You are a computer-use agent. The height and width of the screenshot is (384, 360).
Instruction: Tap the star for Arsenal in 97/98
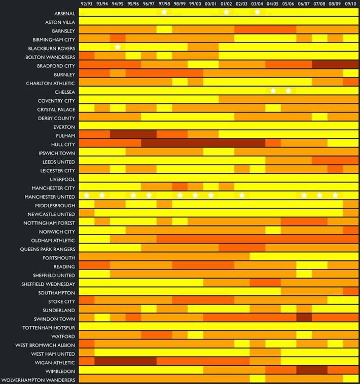click(164, 12)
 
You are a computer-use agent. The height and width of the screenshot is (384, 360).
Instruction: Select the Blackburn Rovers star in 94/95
click(118, 47)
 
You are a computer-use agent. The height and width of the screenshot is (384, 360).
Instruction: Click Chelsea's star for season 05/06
click(289, 91)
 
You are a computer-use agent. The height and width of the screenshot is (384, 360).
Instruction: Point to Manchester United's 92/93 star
click(87, 196)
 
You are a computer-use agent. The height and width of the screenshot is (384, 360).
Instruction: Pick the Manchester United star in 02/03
click(242, 196)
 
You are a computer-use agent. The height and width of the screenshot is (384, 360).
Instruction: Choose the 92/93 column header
click(87, 4)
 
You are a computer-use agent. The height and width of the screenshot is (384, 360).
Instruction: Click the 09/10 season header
click(350, 4)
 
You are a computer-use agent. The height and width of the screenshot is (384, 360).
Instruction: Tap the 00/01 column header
click(211, 4)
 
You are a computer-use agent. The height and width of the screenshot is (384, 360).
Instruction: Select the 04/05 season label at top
click(273, 4)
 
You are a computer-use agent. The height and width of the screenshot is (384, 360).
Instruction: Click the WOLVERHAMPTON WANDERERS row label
click(39, 380)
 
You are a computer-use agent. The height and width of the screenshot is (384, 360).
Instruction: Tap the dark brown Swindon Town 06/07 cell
click(304, 318)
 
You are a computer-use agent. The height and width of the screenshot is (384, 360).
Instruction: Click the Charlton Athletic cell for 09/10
click(350, 82)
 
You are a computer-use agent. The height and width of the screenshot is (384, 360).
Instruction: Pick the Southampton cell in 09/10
click(350, 292)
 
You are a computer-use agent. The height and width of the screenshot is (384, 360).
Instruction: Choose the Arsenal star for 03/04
click(258, 12)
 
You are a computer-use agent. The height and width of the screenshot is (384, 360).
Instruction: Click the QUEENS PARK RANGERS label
click(48, 249)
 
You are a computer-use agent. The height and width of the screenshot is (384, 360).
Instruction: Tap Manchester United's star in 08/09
click(335, 196)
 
